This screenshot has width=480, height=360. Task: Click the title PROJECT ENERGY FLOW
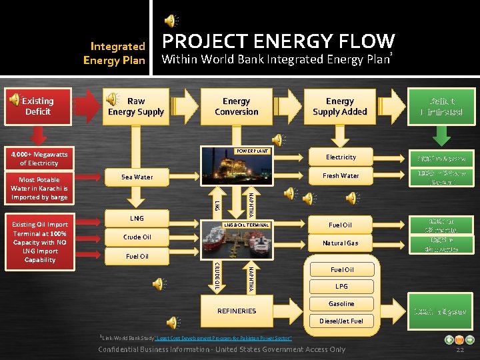coord(279,41)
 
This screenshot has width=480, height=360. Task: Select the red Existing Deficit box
coord(38,107)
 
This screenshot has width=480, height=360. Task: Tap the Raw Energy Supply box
coord(136,107)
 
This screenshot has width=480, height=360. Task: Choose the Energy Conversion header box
coord(237,107)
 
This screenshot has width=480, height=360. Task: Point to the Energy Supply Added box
coord(340,107)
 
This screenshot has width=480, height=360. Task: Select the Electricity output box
coord(341,157)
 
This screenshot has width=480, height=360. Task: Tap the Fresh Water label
coord(341,176)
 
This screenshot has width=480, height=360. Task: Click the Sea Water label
coord(137,177)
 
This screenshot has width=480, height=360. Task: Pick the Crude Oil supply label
coord(137,237)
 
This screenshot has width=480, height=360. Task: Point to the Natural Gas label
coord(341,243)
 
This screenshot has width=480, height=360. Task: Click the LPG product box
coord(341,287)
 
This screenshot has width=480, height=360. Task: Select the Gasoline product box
coord(341,304)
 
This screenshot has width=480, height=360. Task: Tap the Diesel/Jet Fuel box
coord(341,321)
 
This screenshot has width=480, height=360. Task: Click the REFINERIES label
coord(237,311)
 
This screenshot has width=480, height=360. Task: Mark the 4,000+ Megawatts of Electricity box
coord(39,158)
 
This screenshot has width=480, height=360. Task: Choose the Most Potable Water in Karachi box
coord(39,189)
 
